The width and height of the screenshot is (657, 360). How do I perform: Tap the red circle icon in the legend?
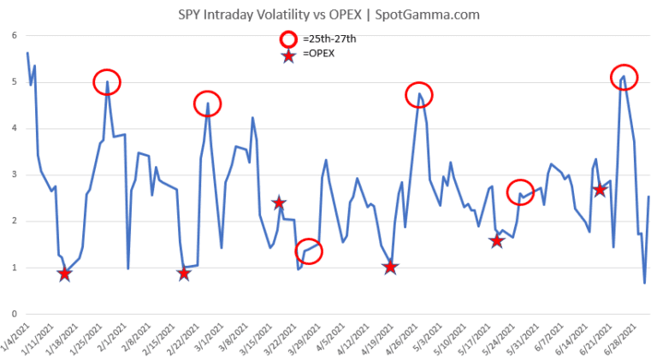(x=287, y=39)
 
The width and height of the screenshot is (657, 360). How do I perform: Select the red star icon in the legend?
(x=287, y=55)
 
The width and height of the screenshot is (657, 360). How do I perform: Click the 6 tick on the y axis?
(x=15, y=35)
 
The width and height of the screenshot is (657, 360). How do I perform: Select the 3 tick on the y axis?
(x=15, y=174)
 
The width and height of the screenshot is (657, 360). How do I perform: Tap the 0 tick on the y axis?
(x=15, y=314)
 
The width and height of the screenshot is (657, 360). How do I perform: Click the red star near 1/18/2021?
(x=64, y=274)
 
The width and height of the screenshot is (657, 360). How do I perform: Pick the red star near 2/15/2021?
(x=184, y=274)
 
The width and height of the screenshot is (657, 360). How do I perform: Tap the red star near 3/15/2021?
(x=279, y=203)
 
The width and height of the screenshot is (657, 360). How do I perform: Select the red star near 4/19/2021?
(x=391, y=267)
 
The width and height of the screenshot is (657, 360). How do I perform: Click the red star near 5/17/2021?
(x=497, y=241)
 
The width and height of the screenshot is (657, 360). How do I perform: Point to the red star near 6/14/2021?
(x=600, y=189)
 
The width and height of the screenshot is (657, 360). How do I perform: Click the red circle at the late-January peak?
(x=107, y=82)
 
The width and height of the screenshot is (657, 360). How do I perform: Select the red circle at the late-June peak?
(x=624, y=77)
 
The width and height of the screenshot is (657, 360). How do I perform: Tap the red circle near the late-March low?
(x=311, y=251)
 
